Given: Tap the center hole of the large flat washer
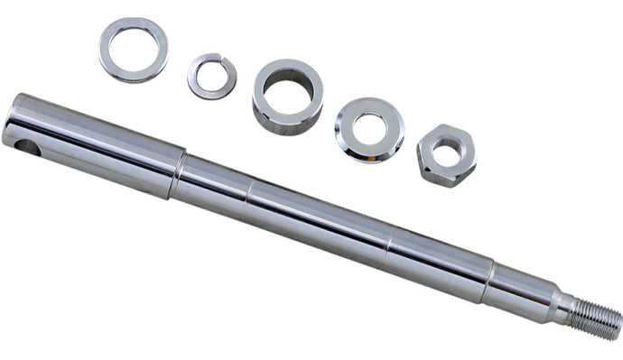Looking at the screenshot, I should tap(134, 49).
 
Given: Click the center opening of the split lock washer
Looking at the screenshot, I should tap(212, 76).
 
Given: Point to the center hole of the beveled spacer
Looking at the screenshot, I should tap(369, 129).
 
